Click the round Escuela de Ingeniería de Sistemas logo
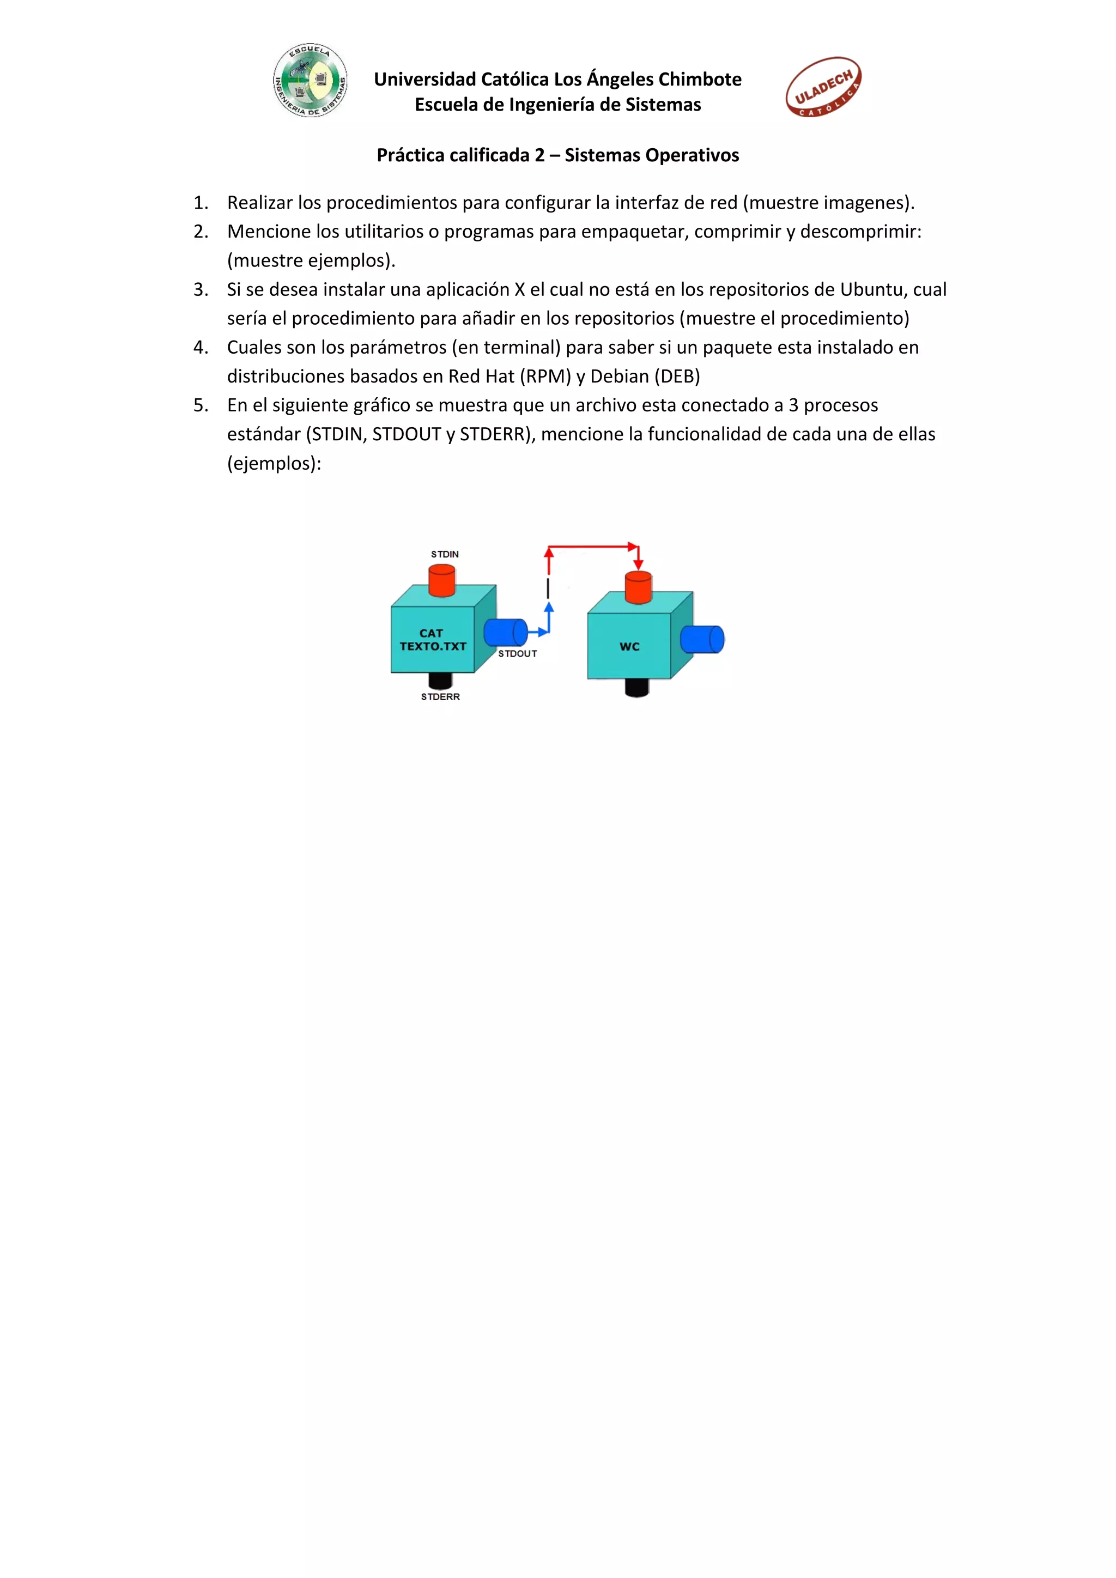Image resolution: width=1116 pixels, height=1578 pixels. point(310,81)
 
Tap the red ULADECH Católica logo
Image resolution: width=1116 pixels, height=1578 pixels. point(823,87)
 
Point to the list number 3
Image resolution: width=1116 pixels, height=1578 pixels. point(200,289)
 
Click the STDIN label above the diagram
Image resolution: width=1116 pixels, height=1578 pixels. point(445,554)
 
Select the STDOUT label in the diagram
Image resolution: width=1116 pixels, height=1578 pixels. point(518,654)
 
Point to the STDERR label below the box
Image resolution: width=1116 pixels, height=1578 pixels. point(440,697)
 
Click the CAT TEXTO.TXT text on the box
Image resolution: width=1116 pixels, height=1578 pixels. point(433,640)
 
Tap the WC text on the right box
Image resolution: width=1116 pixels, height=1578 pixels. point(629,647)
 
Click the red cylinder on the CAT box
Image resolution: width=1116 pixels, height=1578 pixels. point(442,580)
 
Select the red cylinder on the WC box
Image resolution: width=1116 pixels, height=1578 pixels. point(639,587)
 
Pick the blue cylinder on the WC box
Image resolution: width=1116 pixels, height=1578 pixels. point(702,639)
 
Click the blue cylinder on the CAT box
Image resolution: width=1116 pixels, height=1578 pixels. point(506,632)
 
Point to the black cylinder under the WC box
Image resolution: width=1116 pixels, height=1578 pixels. point(637,687)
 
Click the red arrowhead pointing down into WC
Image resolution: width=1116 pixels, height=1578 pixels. point(639,565)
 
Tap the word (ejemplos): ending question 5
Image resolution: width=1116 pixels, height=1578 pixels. point(274,463)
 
